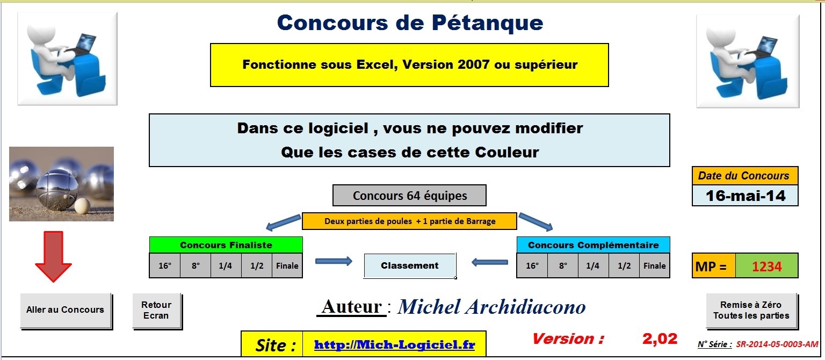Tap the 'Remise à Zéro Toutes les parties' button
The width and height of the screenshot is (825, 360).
[x=751, y=310]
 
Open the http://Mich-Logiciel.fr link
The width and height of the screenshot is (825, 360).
[x=394, y=345]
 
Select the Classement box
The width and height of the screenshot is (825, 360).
[x=410, y=265]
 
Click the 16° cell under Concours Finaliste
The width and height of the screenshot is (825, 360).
[x=165, y=265]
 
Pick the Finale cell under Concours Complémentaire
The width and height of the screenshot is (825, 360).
[x=655, y=265]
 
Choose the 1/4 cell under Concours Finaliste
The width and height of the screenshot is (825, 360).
[x=226, y=265]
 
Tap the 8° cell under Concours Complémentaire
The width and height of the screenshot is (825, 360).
[x=563, y=265]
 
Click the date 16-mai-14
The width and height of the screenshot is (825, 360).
[x=746, y=196]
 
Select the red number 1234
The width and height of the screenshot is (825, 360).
[x=766, y=267]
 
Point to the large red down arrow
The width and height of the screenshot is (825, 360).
[x=53, y=256]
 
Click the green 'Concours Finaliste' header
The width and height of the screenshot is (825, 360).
[x=226, y=245]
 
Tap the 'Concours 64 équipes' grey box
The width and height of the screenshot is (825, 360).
[x=410, y=196]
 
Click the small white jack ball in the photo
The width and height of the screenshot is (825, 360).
[x=82, y=206]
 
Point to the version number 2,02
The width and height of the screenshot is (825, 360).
[x=660, y=339]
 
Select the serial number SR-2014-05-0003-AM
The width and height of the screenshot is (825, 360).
[x=777, y=344]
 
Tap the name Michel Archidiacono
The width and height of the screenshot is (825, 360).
[x=491, y=307]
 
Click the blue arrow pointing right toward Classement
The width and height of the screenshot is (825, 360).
[x=334, y=262]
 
